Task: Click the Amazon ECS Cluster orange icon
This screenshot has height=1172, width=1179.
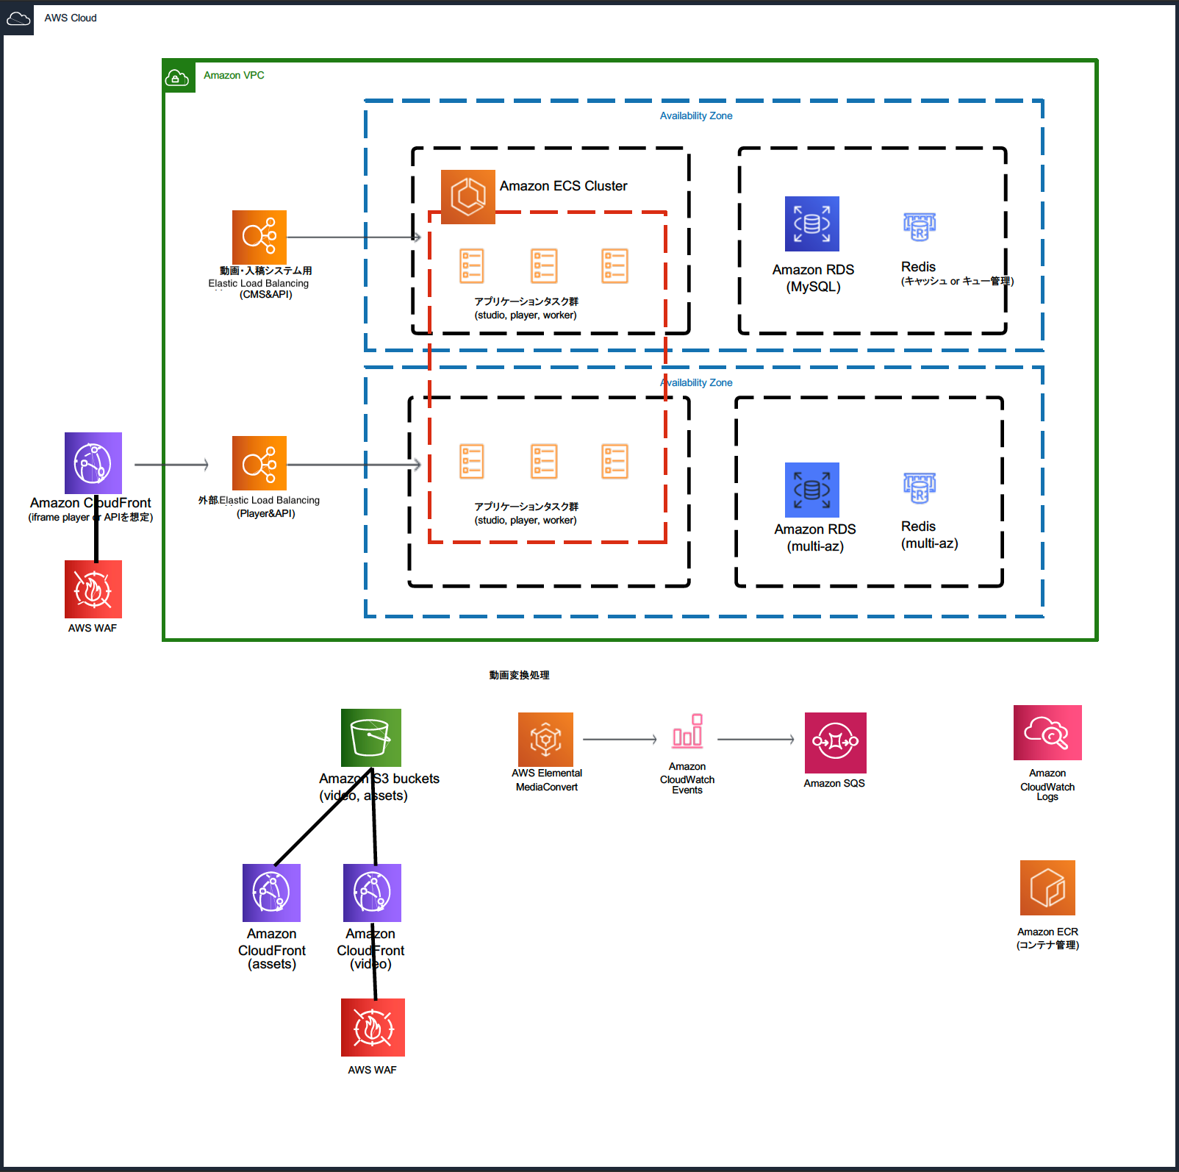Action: click(467, 196)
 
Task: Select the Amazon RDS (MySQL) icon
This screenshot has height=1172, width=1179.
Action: click(811, 224)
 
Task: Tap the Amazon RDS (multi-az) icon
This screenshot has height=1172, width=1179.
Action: click(811, 490)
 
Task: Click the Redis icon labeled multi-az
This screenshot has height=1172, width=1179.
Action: click(919, 487)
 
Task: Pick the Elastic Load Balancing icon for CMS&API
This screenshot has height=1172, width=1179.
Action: click(259, 237)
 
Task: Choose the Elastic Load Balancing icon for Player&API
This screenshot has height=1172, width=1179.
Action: click(259, 463)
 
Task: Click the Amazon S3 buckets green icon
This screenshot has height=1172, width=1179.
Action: click(370, 737)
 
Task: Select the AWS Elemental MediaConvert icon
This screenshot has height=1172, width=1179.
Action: click(545, 740)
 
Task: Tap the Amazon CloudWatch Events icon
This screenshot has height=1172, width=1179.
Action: click(687, 731)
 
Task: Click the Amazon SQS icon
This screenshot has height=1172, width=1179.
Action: click(835, 742)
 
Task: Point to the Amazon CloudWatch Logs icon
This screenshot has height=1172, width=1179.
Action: click(1047, 732)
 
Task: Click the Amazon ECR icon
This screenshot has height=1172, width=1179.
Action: click(1047, 887)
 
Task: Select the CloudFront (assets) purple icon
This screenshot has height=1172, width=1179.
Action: click(271, 892)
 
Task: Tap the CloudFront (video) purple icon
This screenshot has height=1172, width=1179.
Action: click(372, 892)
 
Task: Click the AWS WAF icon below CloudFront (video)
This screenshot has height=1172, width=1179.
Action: click(372, 1027)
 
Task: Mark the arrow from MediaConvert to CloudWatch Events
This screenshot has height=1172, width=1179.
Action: click(619, 740)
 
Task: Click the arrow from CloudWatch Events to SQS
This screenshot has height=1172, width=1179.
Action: click(755, 740)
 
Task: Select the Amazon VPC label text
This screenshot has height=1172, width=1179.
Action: click(234, 75)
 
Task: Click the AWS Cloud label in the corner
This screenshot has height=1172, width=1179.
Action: click(70, 18)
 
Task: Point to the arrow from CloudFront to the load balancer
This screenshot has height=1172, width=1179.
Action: click(171, 465)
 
